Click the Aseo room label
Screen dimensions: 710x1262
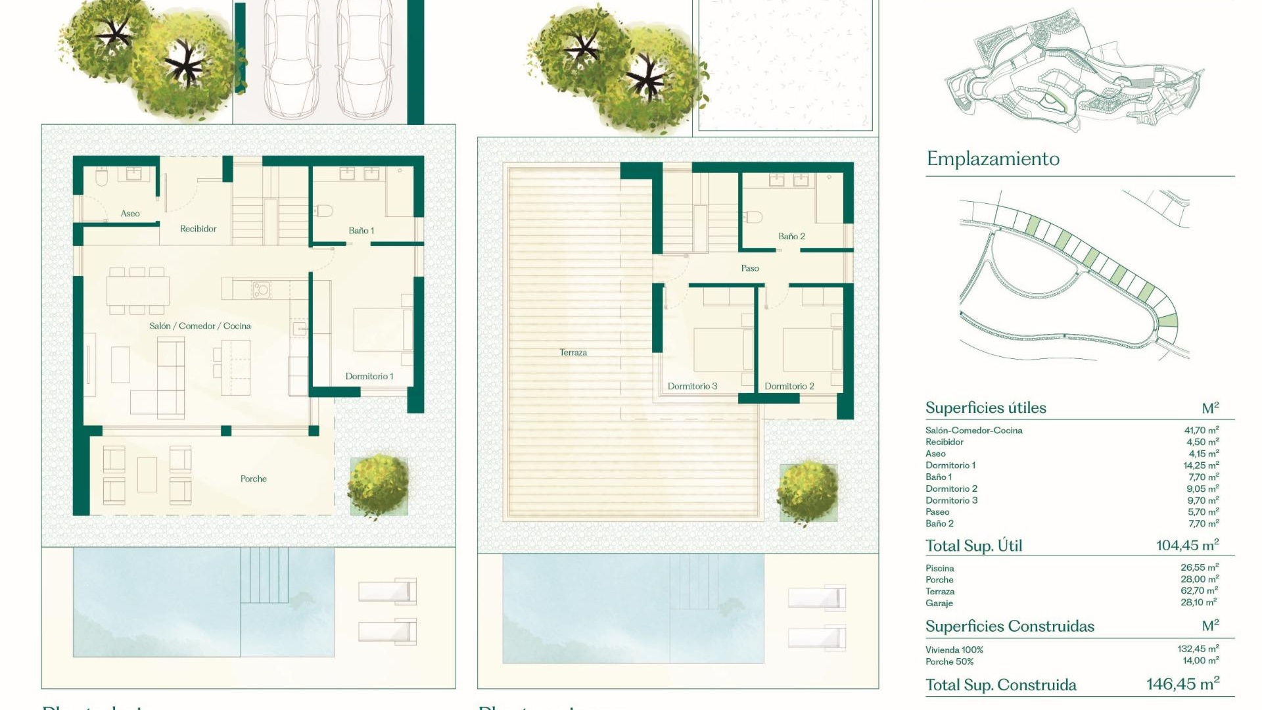pos(130,214)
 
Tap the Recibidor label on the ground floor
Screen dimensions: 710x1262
pos(198,229)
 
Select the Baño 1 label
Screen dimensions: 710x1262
pos(361,231)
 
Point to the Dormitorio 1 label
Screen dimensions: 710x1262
pos(369,377)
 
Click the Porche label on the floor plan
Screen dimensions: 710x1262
pos(253,479)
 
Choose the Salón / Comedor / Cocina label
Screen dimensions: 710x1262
pos(200,326)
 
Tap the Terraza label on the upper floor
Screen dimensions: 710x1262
pos(573,353)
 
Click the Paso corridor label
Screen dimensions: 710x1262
pos(750,269)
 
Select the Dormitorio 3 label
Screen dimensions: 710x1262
pos(692,387)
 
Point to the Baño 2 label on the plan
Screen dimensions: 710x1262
pos(791,237)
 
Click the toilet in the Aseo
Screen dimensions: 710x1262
pos(101,177)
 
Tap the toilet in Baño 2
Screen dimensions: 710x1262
pos(753,217)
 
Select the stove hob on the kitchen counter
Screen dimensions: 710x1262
pos(261,289)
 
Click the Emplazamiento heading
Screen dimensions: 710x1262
pos(993,159)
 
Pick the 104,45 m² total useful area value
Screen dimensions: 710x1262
pos(1187,546)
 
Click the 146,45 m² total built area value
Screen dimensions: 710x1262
pos(1182,684)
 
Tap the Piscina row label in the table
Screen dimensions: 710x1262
pos(939,569)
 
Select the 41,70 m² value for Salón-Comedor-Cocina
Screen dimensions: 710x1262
pos(1201,431)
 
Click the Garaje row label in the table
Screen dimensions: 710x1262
pos(939,603)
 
